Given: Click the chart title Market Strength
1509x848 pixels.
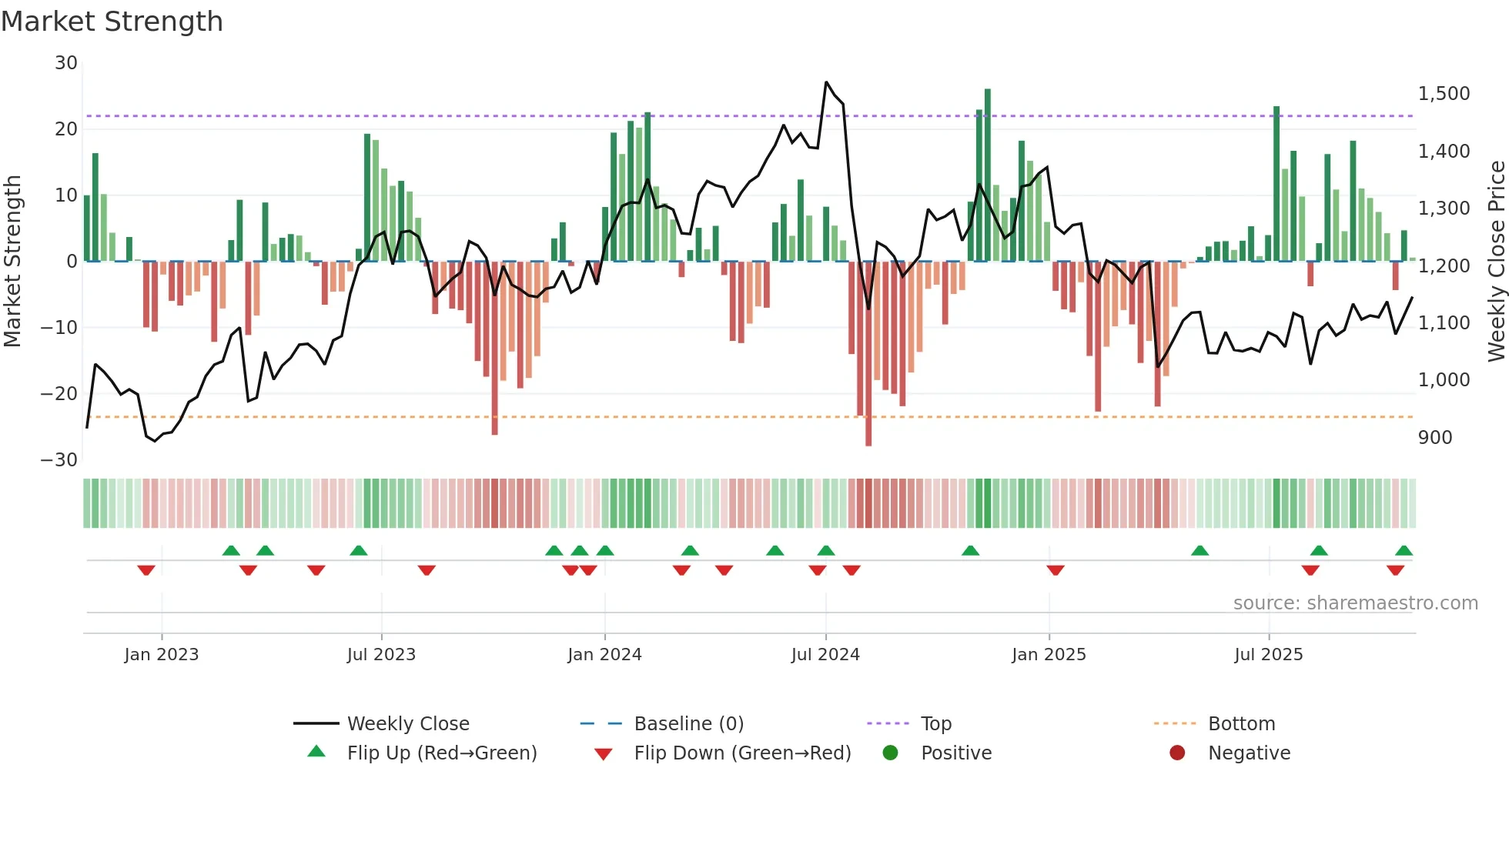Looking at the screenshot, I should coord(112,22).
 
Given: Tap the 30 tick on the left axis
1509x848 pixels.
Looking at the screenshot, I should coord(66,63).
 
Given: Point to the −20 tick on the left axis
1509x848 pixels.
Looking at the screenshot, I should coord(59,394).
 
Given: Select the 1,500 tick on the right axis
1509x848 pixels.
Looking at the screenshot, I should coord(1444,94).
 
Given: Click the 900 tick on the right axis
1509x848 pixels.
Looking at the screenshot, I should coord(1435,438).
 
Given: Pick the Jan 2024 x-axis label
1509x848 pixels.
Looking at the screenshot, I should coord(604,655).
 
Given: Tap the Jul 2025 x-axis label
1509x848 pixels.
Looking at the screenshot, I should coord(1268,655).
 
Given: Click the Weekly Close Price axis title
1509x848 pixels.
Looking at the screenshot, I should coord(1496,262).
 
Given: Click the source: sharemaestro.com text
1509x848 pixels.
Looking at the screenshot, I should coord(1355,603).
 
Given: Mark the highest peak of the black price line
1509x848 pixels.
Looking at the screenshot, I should coord(826,82).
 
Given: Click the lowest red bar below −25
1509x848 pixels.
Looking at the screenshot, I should coord(868,442).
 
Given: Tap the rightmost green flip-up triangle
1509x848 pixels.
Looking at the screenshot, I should coord(1404,551).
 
